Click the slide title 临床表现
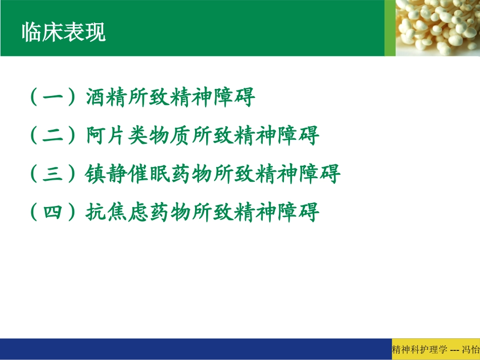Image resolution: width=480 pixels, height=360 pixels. [64, 33]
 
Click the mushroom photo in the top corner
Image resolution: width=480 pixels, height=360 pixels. [438, 28]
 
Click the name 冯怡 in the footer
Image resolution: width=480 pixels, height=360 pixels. [471, 349]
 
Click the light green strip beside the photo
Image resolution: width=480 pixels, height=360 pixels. [390, 28]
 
